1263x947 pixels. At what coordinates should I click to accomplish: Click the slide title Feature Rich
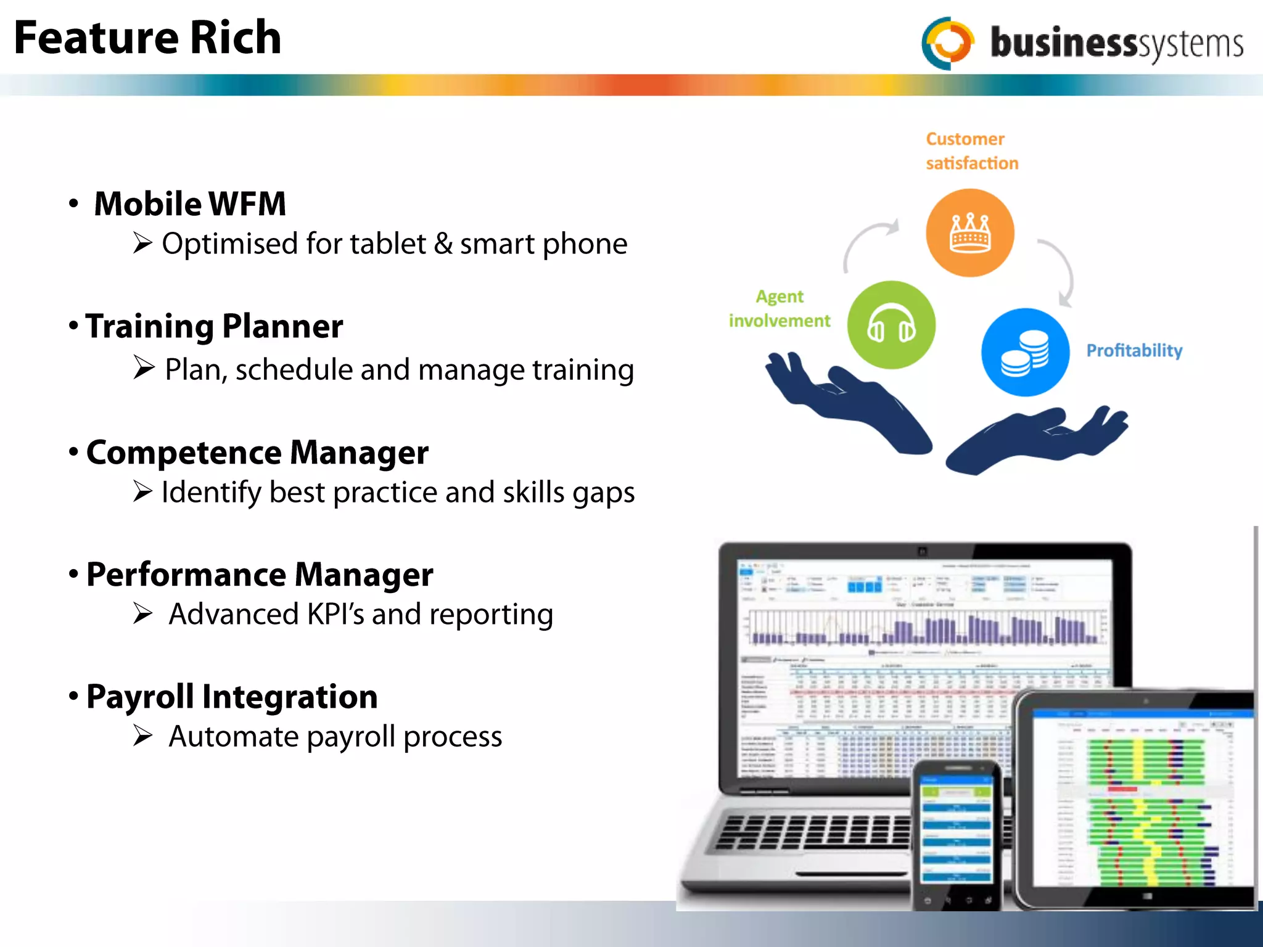click(x=147, y=38)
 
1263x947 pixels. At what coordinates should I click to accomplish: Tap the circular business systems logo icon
click(x=948, y=43)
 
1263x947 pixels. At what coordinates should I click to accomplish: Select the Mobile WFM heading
click(x=190, y=204)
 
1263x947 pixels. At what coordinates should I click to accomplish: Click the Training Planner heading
click(x=214, y=326)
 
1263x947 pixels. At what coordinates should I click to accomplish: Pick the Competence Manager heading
click(x=257, y=453)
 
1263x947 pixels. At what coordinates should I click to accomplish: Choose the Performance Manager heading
click(x=260, y=575)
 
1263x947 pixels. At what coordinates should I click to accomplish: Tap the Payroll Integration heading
click(x=232, y=697)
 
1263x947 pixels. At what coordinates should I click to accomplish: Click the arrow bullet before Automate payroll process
click(x=143, y=736)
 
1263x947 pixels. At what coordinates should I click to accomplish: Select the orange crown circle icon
click(x=969, y=232)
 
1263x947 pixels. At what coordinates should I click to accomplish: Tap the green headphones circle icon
click(x=891, y=325)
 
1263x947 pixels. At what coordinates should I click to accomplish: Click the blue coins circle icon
click(x=1025, y=352)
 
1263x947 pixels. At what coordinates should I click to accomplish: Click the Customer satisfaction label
click(x=971, y=151)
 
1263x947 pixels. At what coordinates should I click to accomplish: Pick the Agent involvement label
click(x=780, y=309)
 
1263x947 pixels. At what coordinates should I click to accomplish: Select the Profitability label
click(x=1133, y=351)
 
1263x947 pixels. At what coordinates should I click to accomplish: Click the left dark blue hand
click(x=851, y=404)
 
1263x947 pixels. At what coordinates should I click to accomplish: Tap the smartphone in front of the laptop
click(x=956, y=832)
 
